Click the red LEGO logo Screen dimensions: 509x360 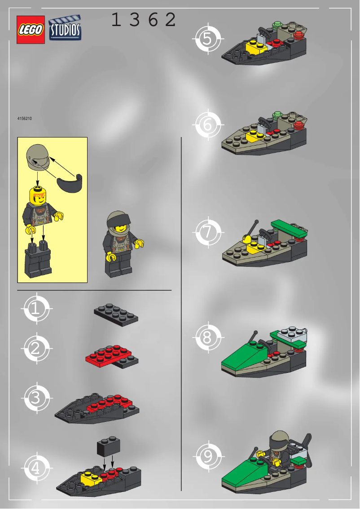[x=31, y=30]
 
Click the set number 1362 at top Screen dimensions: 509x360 [x=143, y=20]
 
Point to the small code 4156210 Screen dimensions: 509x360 [x=24, y=119]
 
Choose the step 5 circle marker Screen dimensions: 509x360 [x=207, y=39]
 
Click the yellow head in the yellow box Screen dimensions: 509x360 [x=38, y=195]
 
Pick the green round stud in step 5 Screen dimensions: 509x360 [x=277, y=24]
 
